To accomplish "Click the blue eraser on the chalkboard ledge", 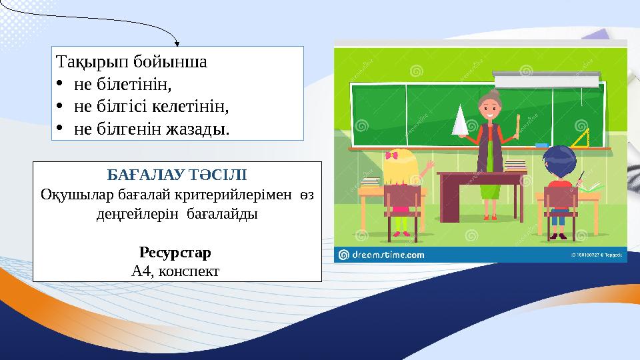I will click(541, 144).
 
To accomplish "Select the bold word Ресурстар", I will click(175, 253).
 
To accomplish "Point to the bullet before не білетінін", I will click(60, 85).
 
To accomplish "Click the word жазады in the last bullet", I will click(200, 127).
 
